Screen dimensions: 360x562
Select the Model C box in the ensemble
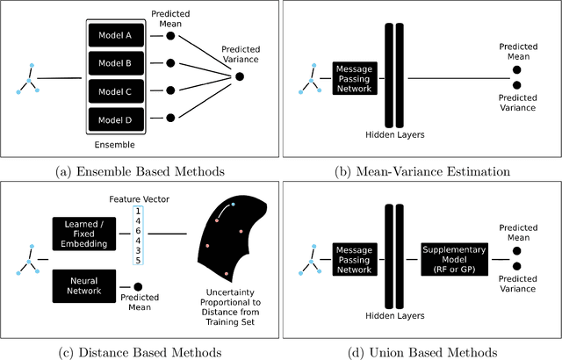(115, 91)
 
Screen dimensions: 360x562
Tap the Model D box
(115, 119)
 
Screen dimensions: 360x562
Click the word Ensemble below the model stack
(114, 143)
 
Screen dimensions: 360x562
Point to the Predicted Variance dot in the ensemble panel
(239, 77)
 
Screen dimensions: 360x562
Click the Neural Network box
(84, 285)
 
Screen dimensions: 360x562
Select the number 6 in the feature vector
(137, 228)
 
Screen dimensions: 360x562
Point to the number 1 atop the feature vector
(137, 211)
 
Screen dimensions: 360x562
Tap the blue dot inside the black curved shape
(233, 205)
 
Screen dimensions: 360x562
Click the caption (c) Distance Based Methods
(140, 351)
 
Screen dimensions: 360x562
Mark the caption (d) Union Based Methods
(421, 351)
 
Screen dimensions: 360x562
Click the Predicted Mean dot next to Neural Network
(138, 286)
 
